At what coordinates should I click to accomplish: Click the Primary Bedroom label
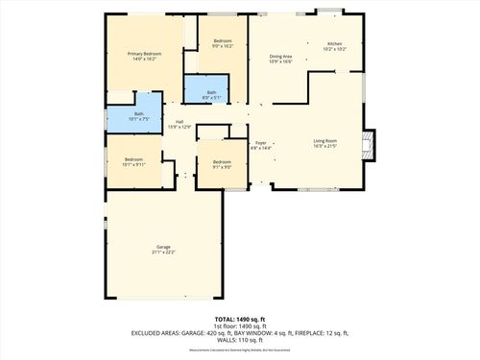(x=143, y=54)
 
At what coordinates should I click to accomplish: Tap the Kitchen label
(x=334, y=44)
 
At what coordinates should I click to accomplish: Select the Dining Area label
(x=281, y=56)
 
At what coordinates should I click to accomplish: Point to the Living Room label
(x=325, y=142)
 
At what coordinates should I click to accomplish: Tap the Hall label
(x=180, y=121)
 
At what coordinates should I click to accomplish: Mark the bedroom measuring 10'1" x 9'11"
(x=133, y=161)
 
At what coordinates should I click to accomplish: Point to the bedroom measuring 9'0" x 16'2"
(x=223, y=43)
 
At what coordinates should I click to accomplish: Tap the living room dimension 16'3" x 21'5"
(x=325, y=148)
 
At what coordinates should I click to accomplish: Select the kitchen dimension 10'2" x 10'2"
(x=334, y=49)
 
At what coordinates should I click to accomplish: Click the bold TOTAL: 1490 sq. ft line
(x=240, y=318)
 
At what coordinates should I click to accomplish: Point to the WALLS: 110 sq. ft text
(x=240, y=341)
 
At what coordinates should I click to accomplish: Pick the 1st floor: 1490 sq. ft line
(x=240, y=325)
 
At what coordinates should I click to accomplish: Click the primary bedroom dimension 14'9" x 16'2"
(x=143, y=59)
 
